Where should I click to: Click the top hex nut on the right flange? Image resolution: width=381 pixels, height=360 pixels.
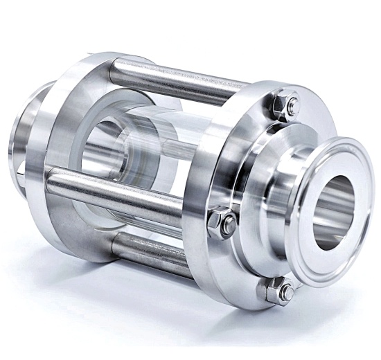[x=285, y=106]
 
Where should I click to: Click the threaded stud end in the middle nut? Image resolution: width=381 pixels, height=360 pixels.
[x=229, y=222]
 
